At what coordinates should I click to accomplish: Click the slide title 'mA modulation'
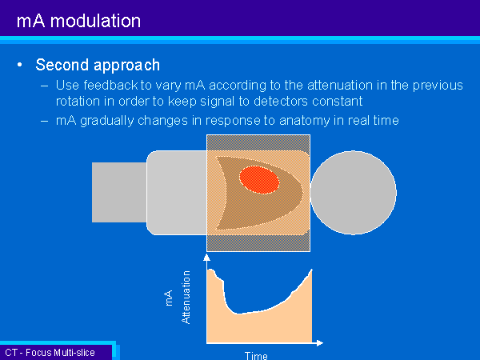coord(78,21)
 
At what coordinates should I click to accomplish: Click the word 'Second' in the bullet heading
coord(62,65)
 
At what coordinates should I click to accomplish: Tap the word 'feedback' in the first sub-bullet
coord(111,85)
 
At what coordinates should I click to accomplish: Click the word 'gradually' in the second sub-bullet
coord(107,121)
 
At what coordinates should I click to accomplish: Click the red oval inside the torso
coord(259,180)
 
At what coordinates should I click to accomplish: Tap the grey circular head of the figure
coord(354,193)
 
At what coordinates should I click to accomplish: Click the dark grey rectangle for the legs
coord(119,192)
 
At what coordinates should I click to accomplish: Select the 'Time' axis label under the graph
coord(256,356)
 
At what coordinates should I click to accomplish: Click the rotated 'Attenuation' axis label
coord(186,298)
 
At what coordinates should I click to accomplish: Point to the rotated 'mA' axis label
coord(168,298)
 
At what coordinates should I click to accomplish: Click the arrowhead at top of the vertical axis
coord(207,257)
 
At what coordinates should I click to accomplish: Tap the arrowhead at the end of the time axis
coord(319,343)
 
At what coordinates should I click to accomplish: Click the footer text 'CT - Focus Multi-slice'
coord(50,353)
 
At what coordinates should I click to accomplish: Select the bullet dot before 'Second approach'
coord(20,65)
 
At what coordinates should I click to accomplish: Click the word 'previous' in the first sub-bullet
coord(438,86)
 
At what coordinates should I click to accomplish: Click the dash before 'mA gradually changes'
coord(44,121)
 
